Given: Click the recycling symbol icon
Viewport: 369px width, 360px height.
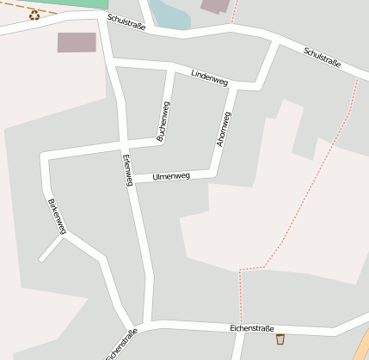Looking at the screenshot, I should click(x=34, y=15).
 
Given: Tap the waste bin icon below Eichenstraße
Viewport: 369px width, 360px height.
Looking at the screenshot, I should click(x=280, y=339).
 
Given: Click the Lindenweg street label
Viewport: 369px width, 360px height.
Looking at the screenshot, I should click(x=209, y=77).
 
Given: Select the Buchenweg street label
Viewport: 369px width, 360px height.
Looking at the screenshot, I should click(x=163, y=120).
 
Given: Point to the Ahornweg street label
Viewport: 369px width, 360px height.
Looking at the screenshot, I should click(x=224, y=129).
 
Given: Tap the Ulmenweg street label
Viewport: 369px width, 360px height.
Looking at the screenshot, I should click(x=170, y=176).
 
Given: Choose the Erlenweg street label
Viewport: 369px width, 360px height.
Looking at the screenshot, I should click(x=127, y=169).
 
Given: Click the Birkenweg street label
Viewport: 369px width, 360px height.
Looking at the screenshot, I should click(x=57, y=216).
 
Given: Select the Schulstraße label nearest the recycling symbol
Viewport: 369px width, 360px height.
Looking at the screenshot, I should click(x=126, y=22).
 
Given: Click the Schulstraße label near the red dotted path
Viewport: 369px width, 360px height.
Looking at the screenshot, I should click(x=323, y=58).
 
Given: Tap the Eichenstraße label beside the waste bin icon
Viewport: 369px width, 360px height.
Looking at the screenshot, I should click(x=252, y=328).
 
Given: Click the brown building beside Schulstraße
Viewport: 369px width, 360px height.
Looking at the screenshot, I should click(x=77, y=42).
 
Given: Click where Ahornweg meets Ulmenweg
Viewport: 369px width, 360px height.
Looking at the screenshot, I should click(x=214, y=174).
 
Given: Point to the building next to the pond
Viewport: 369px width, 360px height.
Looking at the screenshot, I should click(x=216, y=6).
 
